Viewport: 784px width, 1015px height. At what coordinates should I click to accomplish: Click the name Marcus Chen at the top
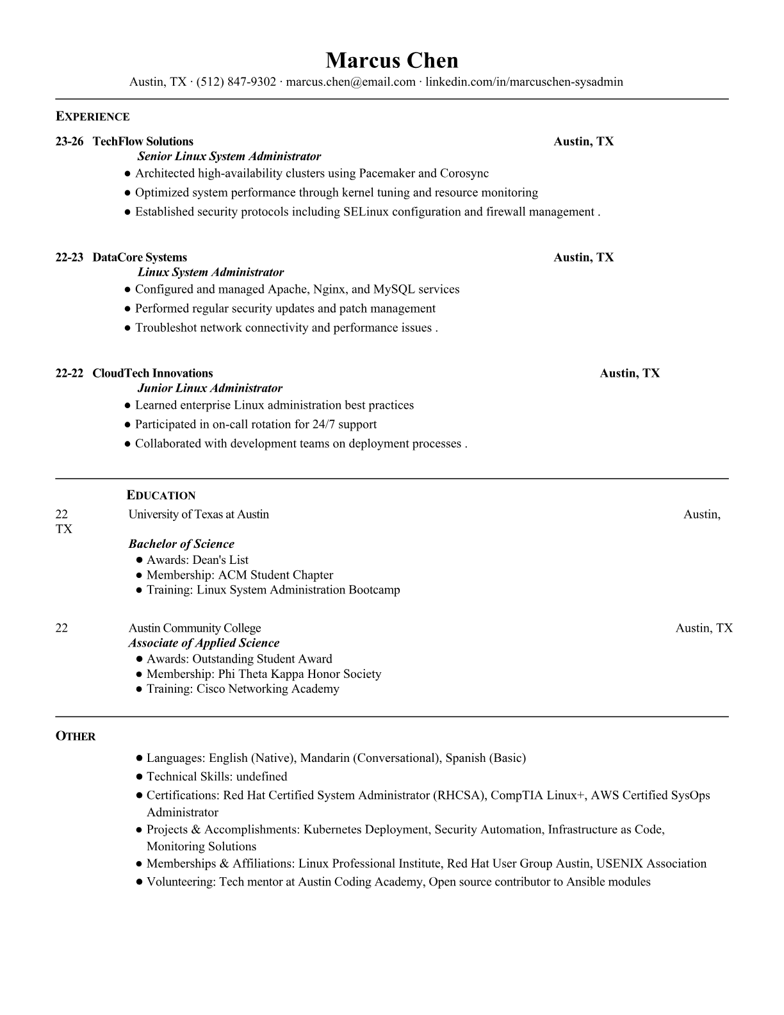click(x=391, y=60)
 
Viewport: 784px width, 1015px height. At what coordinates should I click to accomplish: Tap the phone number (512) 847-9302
click(x=236, y=82)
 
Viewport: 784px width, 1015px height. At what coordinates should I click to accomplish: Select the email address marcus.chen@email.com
click(x=350, y=82)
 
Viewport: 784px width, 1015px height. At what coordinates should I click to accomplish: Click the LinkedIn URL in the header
click(x=524, y=82)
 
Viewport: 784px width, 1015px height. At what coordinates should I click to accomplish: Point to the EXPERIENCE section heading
click(x=92, y=117)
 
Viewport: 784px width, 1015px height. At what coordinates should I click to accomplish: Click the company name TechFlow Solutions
click(x=143, y=142)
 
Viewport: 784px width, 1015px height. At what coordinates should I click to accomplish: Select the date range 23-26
click(x=69, y=142)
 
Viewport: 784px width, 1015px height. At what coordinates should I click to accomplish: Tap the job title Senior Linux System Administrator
click(x=229, y=156)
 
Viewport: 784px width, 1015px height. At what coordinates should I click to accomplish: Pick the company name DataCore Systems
click(x=140, y=258)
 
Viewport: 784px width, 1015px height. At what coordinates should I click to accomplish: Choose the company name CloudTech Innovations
click(x=152, y=374)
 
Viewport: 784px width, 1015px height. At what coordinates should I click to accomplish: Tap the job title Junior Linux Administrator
click(x=210, y=388)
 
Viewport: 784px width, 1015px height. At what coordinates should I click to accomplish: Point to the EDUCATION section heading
click(x=161, y=495)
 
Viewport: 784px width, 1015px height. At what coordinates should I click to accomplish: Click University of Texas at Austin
click(x=199, y=515)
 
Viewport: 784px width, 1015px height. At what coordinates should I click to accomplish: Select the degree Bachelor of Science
click(x=181, y=544)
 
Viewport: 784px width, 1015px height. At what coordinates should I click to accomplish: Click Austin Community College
click(x=195, y=628)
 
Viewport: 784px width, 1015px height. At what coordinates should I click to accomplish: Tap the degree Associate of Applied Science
click(x=204, y=643)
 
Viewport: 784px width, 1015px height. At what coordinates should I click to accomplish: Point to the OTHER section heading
click(x=76, y=737)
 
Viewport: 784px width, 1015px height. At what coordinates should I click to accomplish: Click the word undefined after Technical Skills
click(x=261, y=777)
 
